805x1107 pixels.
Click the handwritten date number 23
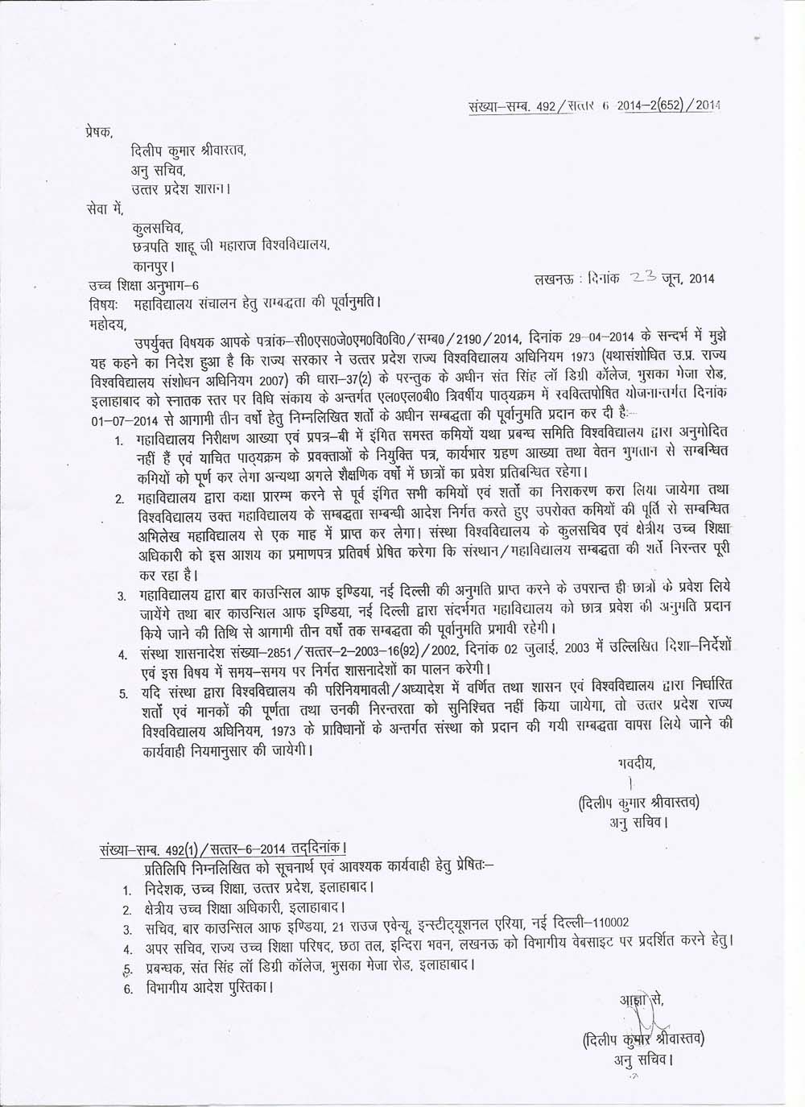tap(645, 278)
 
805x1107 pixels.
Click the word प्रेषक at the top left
tap(99, 130)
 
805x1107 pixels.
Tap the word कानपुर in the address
tap(151, 264)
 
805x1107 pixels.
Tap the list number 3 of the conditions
tap(120, 597)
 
